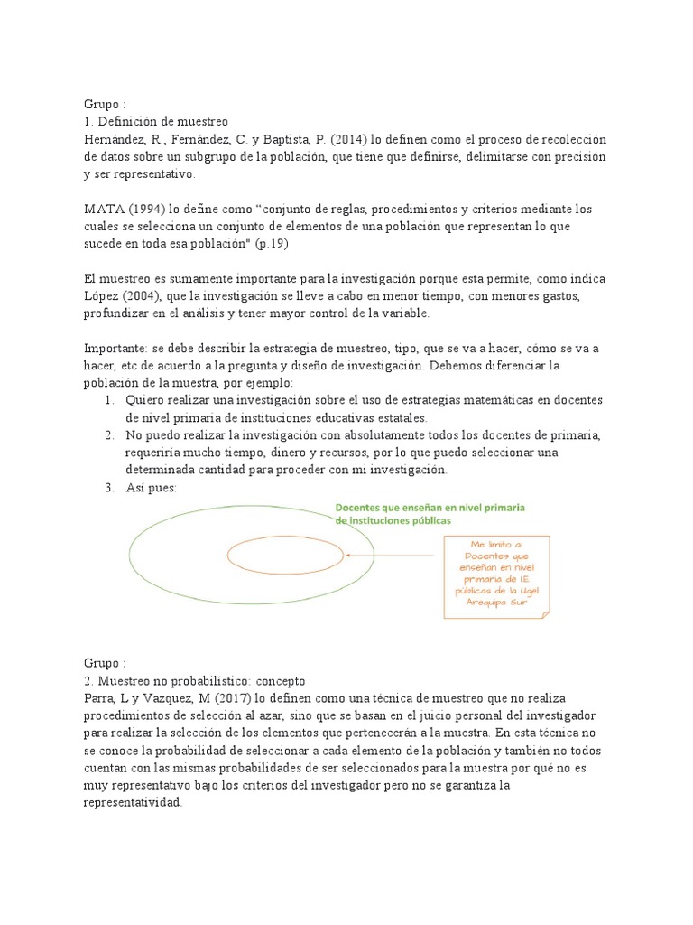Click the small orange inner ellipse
tap(284, 556)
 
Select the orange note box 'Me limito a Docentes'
tap(497, 575)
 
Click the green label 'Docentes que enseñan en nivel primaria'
tap(430, 509)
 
